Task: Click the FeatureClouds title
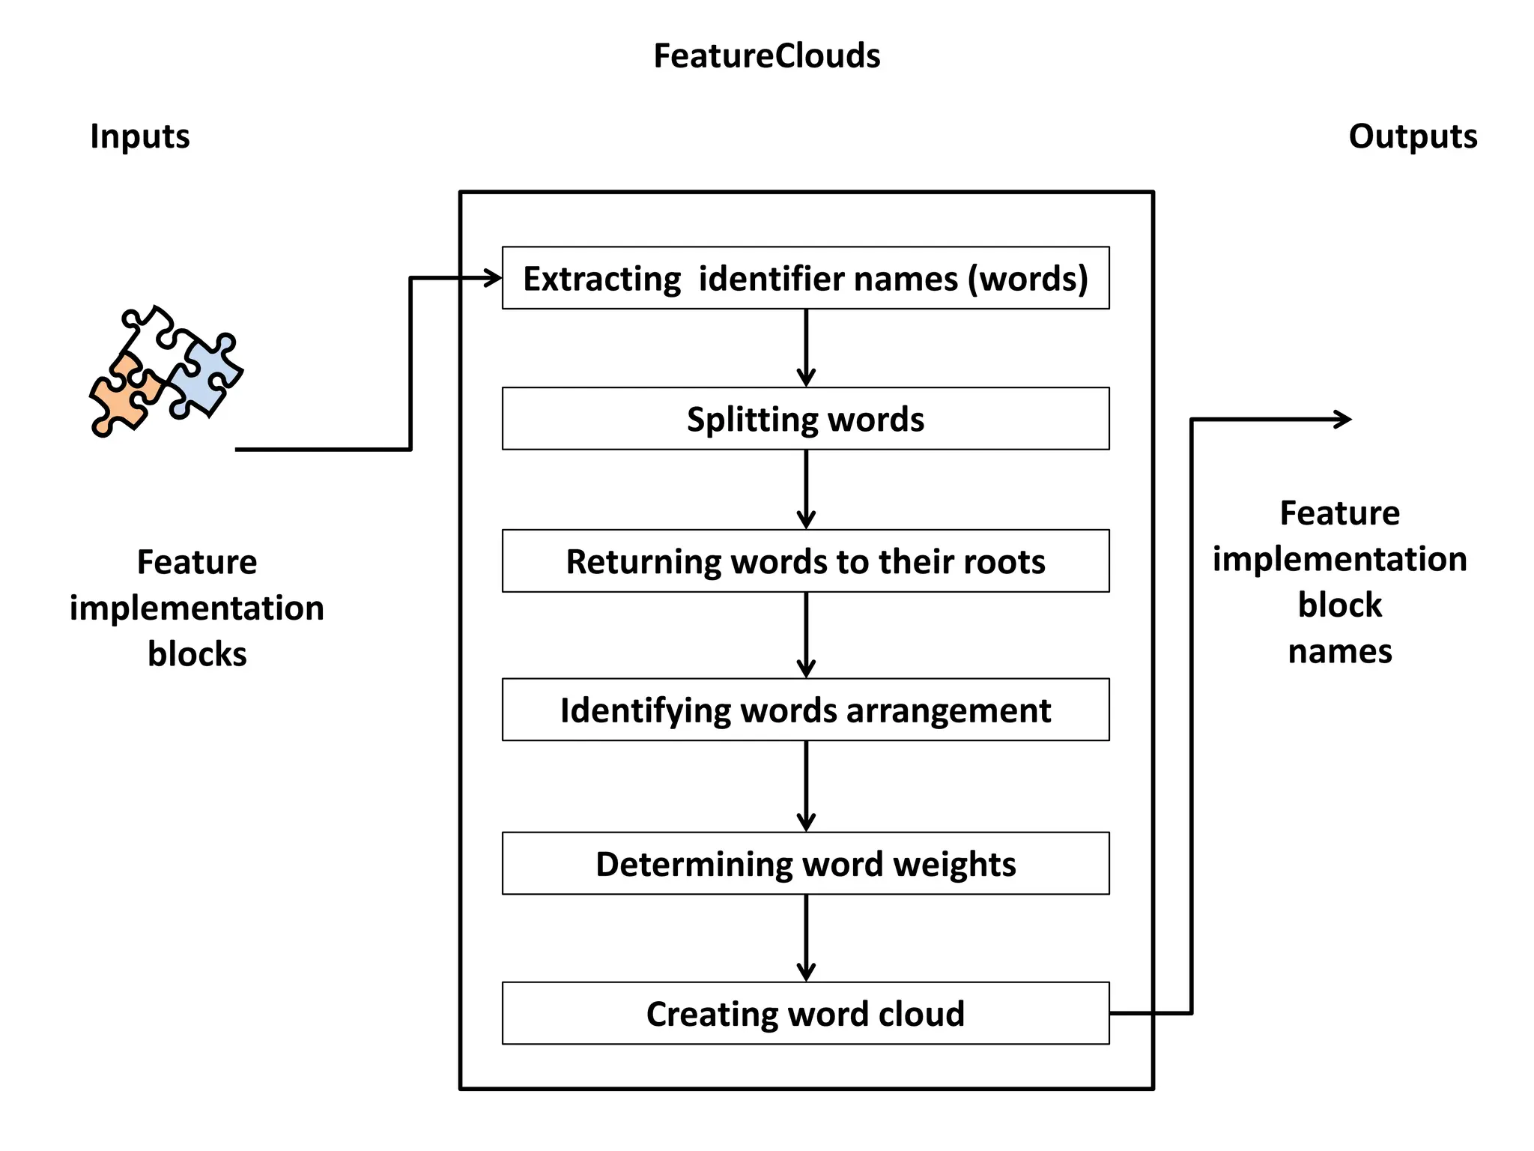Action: coord(766,56)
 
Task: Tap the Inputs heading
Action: coord(140,136)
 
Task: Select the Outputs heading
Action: coord(1413,136)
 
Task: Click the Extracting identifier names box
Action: coord(805,278)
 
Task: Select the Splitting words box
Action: coord(805,419)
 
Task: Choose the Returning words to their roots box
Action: coord(805,561)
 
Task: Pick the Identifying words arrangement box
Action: coord(805,710)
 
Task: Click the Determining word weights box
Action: coord(805,863)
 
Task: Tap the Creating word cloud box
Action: coord(805,1013)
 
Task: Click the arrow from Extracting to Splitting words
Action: coord(806,348)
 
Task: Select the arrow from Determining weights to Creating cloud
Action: coord(806,937)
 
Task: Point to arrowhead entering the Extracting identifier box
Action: coord(493,279)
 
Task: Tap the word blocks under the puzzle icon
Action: coord(197,654)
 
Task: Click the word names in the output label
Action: coord(1340,651)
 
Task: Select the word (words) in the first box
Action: coord(1028,279)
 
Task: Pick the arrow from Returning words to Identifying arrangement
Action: coord(806,635)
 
